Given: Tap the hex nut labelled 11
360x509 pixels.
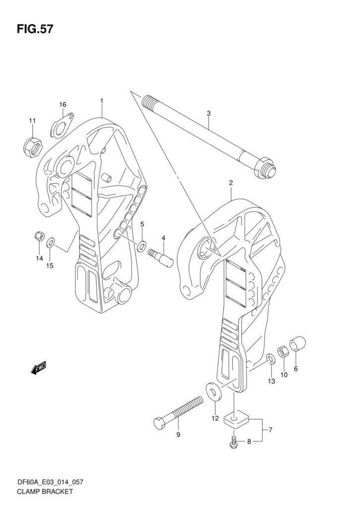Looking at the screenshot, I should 33,146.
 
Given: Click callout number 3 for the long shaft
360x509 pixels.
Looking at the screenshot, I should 209,113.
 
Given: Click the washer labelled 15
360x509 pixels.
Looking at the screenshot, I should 51,243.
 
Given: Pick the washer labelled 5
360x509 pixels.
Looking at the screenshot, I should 142,245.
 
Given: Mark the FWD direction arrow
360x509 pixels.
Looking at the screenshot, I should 39,368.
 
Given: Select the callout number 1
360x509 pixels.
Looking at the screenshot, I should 101,101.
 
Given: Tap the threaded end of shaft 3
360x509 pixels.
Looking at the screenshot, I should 148,103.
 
